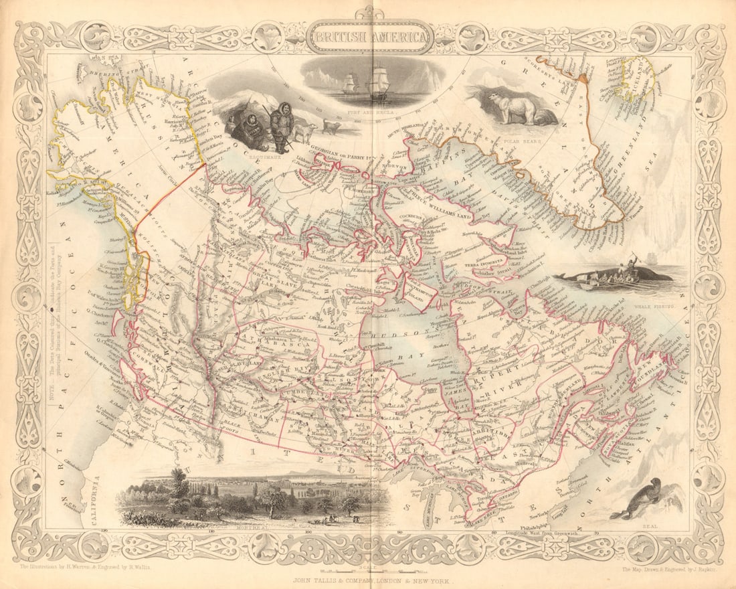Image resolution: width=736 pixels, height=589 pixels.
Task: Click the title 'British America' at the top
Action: click(x=370, y=37)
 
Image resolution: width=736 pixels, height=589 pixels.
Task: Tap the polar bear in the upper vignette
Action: click(x=512, y=107)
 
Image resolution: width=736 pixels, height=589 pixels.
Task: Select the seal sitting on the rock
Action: click(x=640, y=499)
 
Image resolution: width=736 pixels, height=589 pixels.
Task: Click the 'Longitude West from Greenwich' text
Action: click(x=535, y=532)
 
